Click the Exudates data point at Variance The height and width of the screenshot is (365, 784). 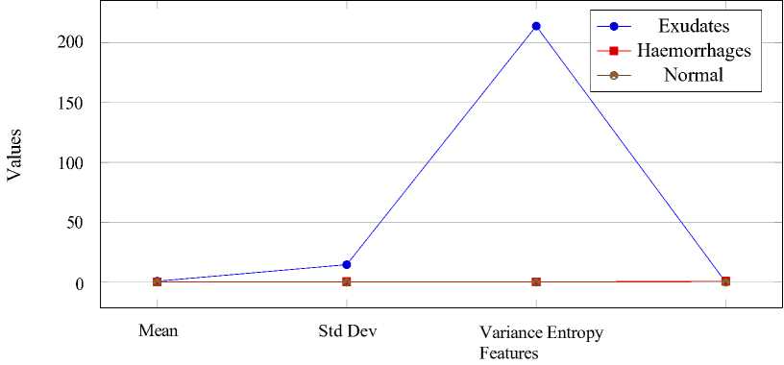(536, 26)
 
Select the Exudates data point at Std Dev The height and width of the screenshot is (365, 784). (347, 264)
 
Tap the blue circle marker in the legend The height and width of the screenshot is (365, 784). (615, 26)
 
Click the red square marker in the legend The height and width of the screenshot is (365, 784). (615, 51)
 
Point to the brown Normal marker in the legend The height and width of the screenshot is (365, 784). (615, 76)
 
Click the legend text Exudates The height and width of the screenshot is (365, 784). (694, 26)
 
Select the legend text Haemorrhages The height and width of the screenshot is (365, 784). (694, 51)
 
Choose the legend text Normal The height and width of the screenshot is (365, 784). (694, 76)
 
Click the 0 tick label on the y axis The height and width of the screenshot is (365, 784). (79, 282)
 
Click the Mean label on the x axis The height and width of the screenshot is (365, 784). (158, 331)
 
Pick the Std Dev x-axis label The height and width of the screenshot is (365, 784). (347, 331)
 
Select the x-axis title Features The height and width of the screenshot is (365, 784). (509, 353)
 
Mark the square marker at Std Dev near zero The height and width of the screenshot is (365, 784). (347, 282)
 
